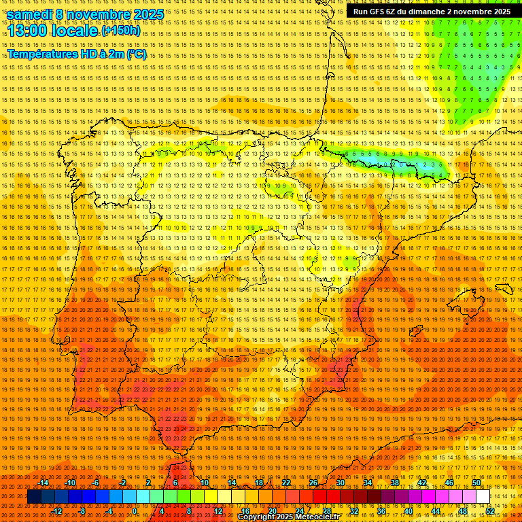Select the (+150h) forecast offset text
coord(121,31)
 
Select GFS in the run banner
coord(381,12)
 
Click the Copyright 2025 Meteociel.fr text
coord(288,517)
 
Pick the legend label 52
coord(490,510)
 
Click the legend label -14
coord(44,483)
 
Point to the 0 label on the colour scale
coord(135,510)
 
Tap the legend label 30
coord(340,483)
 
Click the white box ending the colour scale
coord(483,496)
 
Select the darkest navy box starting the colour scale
coord(34,496)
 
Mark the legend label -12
coord(57,510)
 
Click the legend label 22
coord(286,483)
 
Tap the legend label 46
coord(449,483)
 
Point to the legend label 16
coord(245,510)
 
